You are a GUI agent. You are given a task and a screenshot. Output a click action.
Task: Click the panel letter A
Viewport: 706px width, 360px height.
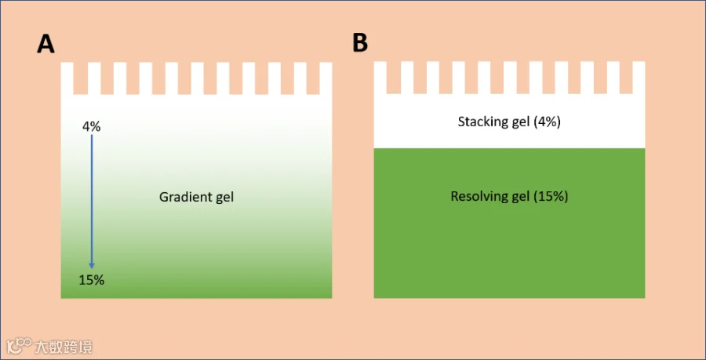(x=45, y=44)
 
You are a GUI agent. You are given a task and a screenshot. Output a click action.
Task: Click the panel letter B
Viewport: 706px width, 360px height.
(x=360, y=43)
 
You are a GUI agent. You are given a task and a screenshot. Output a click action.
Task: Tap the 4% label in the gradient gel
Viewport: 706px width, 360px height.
(x=92, y=126)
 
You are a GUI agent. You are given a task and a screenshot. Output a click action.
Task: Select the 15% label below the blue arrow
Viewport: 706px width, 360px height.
(x=91, y=280)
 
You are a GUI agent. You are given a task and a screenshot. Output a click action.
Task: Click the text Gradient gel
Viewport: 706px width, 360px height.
(x=196, y=197)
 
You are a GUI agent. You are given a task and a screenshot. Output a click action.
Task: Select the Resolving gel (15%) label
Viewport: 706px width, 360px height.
(x=509, y=196)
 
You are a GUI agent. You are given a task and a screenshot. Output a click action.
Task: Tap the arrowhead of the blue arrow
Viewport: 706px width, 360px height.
(x=92, y=265)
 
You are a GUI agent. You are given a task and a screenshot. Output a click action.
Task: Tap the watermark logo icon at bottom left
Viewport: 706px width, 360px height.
(x=18, y=345)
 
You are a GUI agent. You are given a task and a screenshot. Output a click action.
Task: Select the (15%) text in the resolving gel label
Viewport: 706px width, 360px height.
(x=551, y=196)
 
